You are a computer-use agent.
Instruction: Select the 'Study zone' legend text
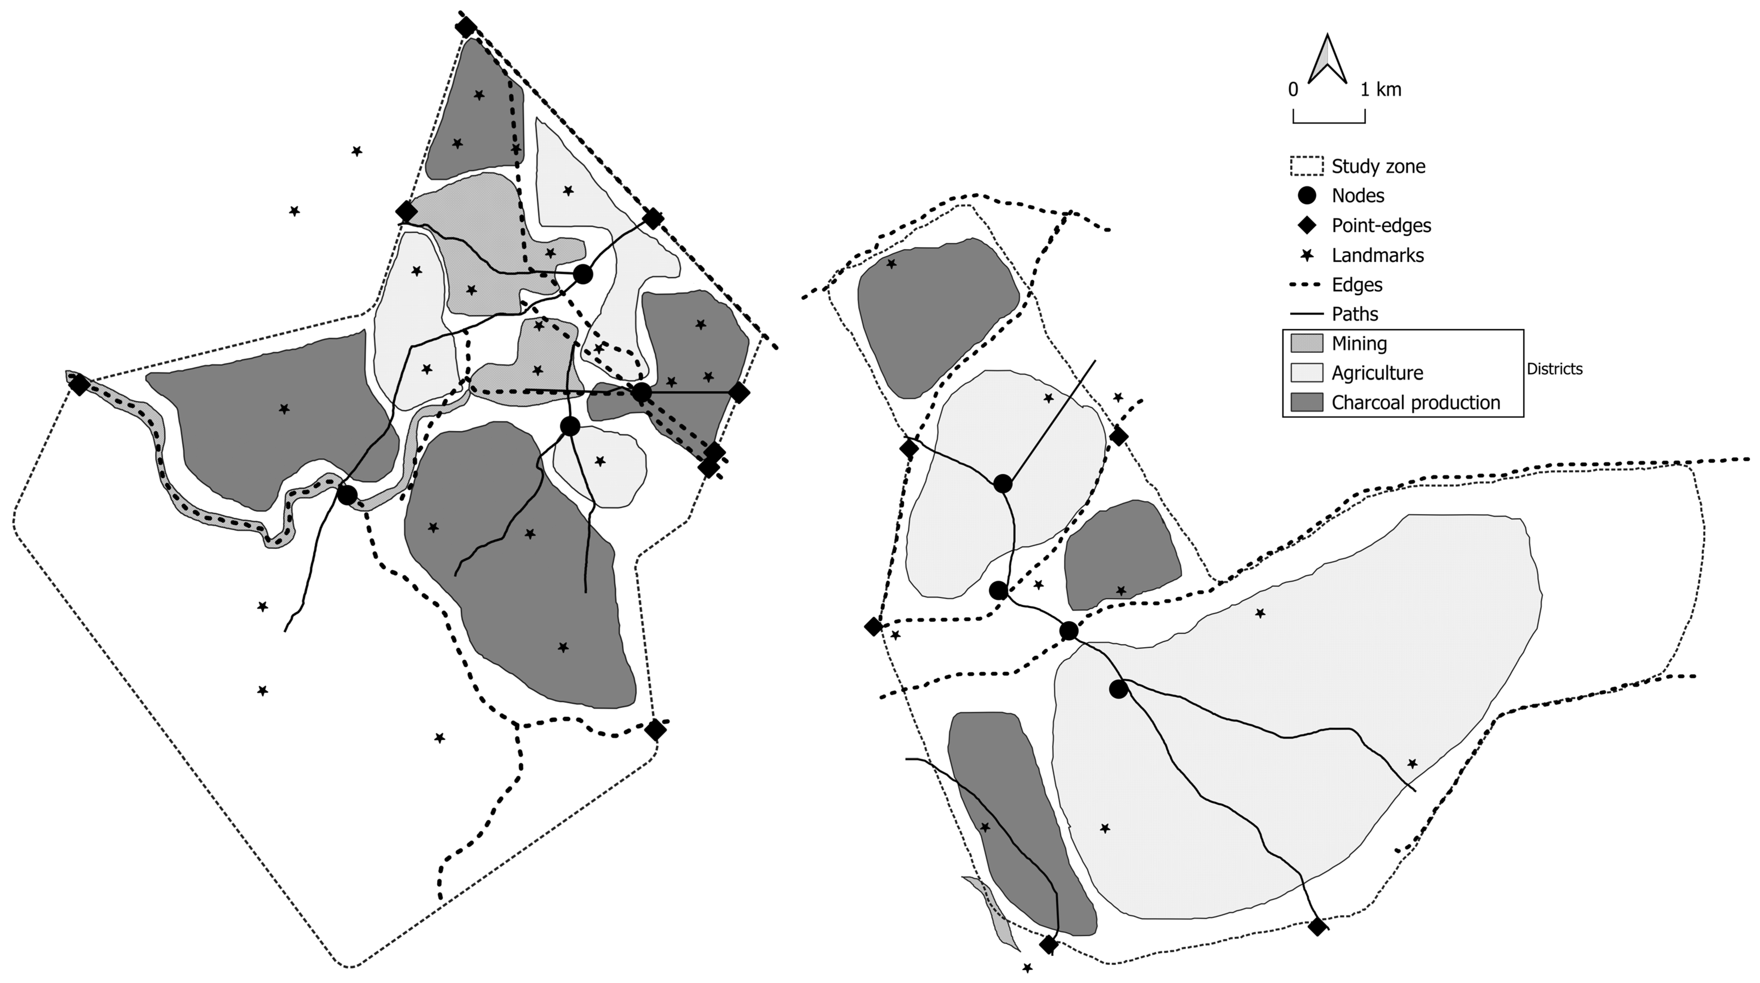point(1378,166)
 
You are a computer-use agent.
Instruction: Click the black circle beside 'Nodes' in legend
point(1306,195)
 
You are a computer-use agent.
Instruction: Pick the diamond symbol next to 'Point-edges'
point(1306,226)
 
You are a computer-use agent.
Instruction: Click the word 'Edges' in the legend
point(1357,285)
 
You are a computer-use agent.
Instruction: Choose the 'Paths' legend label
point(1355,314)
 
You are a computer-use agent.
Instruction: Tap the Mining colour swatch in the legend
point(1306,343)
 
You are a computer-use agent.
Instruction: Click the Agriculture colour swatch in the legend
point(1306,373)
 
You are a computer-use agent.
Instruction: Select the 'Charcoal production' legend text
point(1416,403)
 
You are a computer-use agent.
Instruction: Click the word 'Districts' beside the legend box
point(1554,369)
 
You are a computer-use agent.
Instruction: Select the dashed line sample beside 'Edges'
point(1306,285)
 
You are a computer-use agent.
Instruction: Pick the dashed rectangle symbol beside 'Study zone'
point(1306,166)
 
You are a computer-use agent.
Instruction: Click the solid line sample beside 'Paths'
point(1306,314)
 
